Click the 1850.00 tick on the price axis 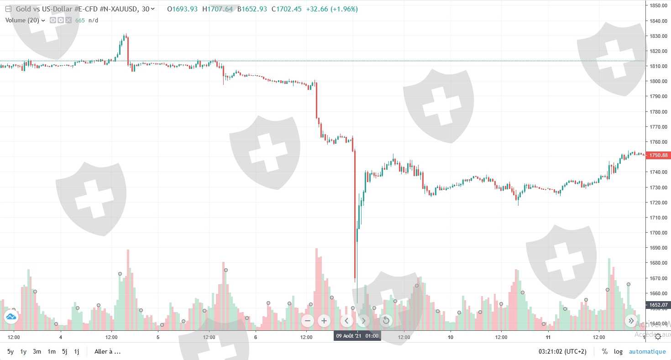pos(658,5)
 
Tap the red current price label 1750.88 pos(658,156)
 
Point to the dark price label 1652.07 pos(658,305)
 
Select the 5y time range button pos(10,352)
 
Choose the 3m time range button pos(37,352)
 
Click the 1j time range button pos(77,352)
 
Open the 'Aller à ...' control pos(107,352)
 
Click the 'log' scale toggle pos(618,352)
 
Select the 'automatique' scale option pos(647,352)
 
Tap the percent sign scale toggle pos(605,352)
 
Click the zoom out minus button pos(307,321)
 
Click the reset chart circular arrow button pos(386,321)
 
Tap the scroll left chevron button pos(346,321)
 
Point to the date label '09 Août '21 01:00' pos(357,336)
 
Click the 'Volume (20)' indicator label pos(22,20)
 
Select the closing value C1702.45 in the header pos(286,9)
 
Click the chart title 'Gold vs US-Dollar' pos(46,9)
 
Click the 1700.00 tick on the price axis pos(658,233)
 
